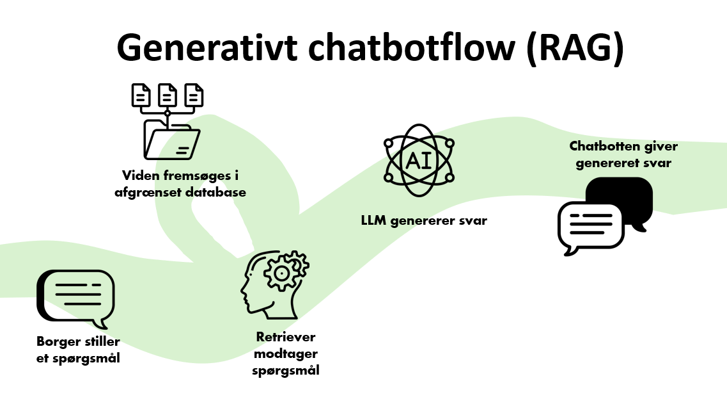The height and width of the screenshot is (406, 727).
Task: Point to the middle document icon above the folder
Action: pyautogui.click(x=168, y=95)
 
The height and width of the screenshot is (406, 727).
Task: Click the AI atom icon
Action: pyautogui.click(x=418, y=159)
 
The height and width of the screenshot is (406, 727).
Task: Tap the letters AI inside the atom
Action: pyautogui.click(x=418, y=159)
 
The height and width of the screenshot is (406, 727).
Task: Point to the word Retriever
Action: pyautogui.click(x=286, y=337)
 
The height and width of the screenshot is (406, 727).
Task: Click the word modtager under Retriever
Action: pyautogui.click(x=286, y=354)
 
